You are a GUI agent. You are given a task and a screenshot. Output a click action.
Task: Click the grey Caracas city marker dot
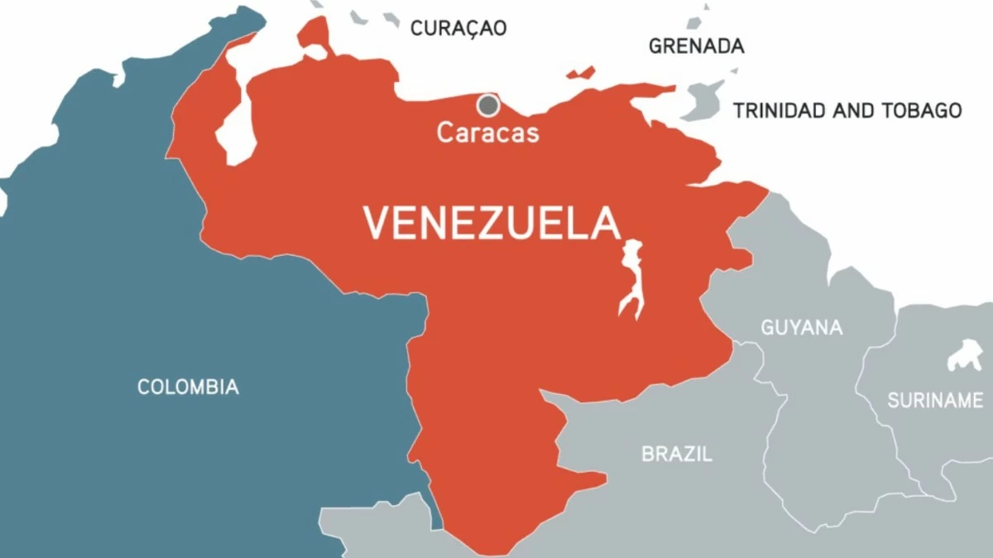tap(488, 105)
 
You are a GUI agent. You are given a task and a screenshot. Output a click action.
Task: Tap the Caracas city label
tap(488, 132)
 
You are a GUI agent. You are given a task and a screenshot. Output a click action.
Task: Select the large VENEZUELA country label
tap(492, 224)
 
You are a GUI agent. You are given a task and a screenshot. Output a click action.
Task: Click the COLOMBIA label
tap(188, 387)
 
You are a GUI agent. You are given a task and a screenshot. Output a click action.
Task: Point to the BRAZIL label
tap(676, 454)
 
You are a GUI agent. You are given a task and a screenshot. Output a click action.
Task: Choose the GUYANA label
tap(801, 327)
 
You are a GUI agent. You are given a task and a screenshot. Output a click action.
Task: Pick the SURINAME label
tap(934, 401)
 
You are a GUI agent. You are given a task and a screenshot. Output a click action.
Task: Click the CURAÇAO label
tap(458, 28)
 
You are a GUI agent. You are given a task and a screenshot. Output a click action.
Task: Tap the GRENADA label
tap(696, 46)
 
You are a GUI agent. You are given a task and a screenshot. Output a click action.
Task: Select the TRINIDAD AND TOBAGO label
tap(847, 110)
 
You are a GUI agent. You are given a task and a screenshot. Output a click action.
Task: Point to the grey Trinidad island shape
tap(703, 101)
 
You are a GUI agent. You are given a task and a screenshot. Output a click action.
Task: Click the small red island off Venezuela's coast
tap(581, 74)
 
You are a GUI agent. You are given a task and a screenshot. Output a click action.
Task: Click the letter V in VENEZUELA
tap(378, 224)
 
